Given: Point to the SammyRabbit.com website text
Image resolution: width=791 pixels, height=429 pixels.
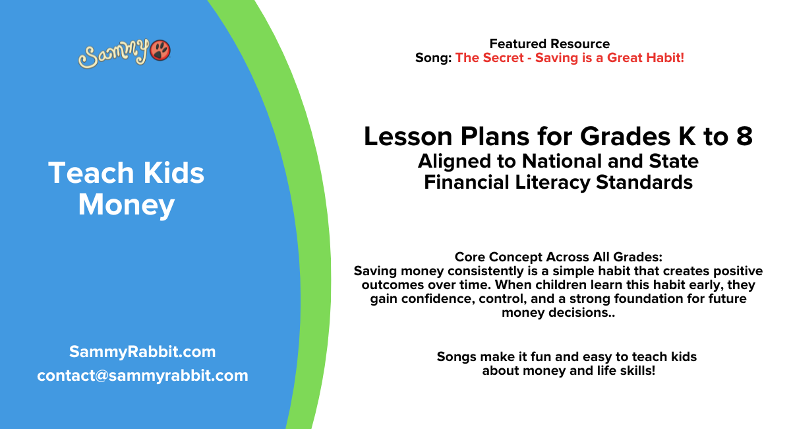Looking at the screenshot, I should point(142,352).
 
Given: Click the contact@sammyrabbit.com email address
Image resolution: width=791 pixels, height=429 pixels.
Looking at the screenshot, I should point(142,376).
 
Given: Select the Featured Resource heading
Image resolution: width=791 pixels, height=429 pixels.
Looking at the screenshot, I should point(549,44).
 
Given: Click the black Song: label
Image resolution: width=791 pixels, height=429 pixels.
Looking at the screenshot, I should point(433,58).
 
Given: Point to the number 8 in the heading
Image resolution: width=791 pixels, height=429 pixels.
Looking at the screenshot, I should point(744,137).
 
